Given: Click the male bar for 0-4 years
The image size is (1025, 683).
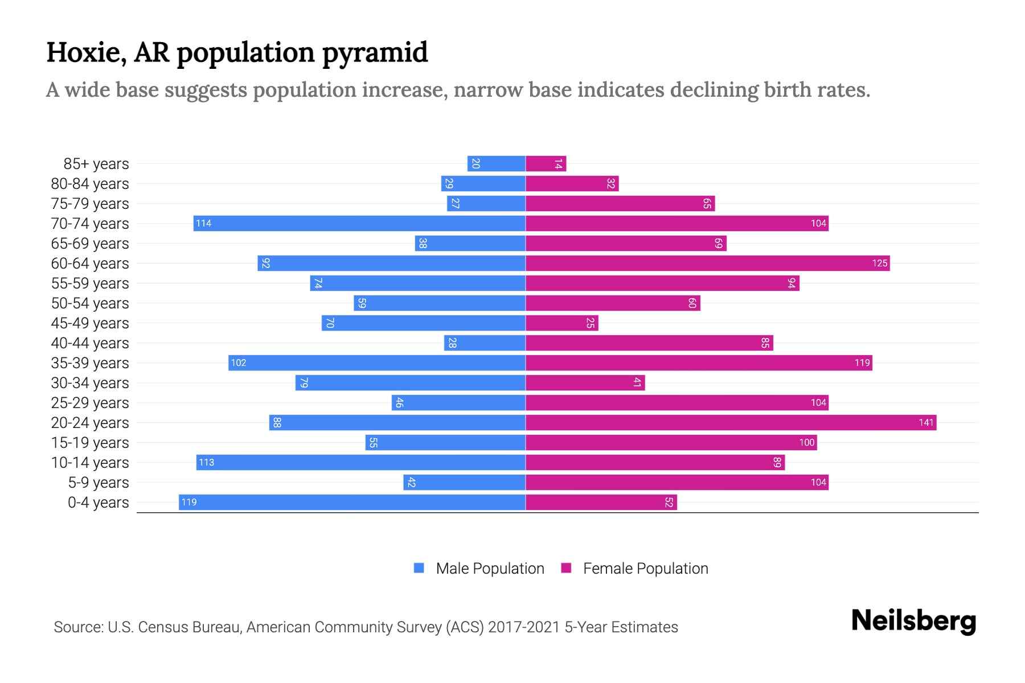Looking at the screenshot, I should coord(352,502).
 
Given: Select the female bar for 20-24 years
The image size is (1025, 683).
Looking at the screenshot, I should coord(731,422).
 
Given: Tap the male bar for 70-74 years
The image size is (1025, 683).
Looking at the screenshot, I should coord(359,223).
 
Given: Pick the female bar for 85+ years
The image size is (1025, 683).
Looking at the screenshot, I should coord(546,164).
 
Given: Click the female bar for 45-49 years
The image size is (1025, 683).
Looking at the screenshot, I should coord(561,323).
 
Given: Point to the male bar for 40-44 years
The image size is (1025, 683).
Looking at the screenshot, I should coord(485,343).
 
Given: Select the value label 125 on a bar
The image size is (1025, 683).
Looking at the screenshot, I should coord(879,263).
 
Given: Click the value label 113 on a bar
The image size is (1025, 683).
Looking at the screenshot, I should coord(206,462).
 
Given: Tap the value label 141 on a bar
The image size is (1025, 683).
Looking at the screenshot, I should coord(926,422).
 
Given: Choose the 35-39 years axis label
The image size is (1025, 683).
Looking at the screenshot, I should coord(90,363).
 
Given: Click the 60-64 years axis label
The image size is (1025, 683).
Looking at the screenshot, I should coord(90,264).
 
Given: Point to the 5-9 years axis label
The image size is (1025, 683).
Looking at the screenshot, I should coord(99,483).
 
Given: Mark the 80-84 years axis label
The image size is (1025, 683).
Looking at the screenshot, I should coord(90,184).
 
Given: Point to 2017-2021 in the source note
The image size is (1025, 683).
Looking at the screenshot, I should coord(524,627).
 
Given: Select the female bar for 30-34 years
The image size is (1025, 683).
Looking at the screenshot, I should coord(585,382).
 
